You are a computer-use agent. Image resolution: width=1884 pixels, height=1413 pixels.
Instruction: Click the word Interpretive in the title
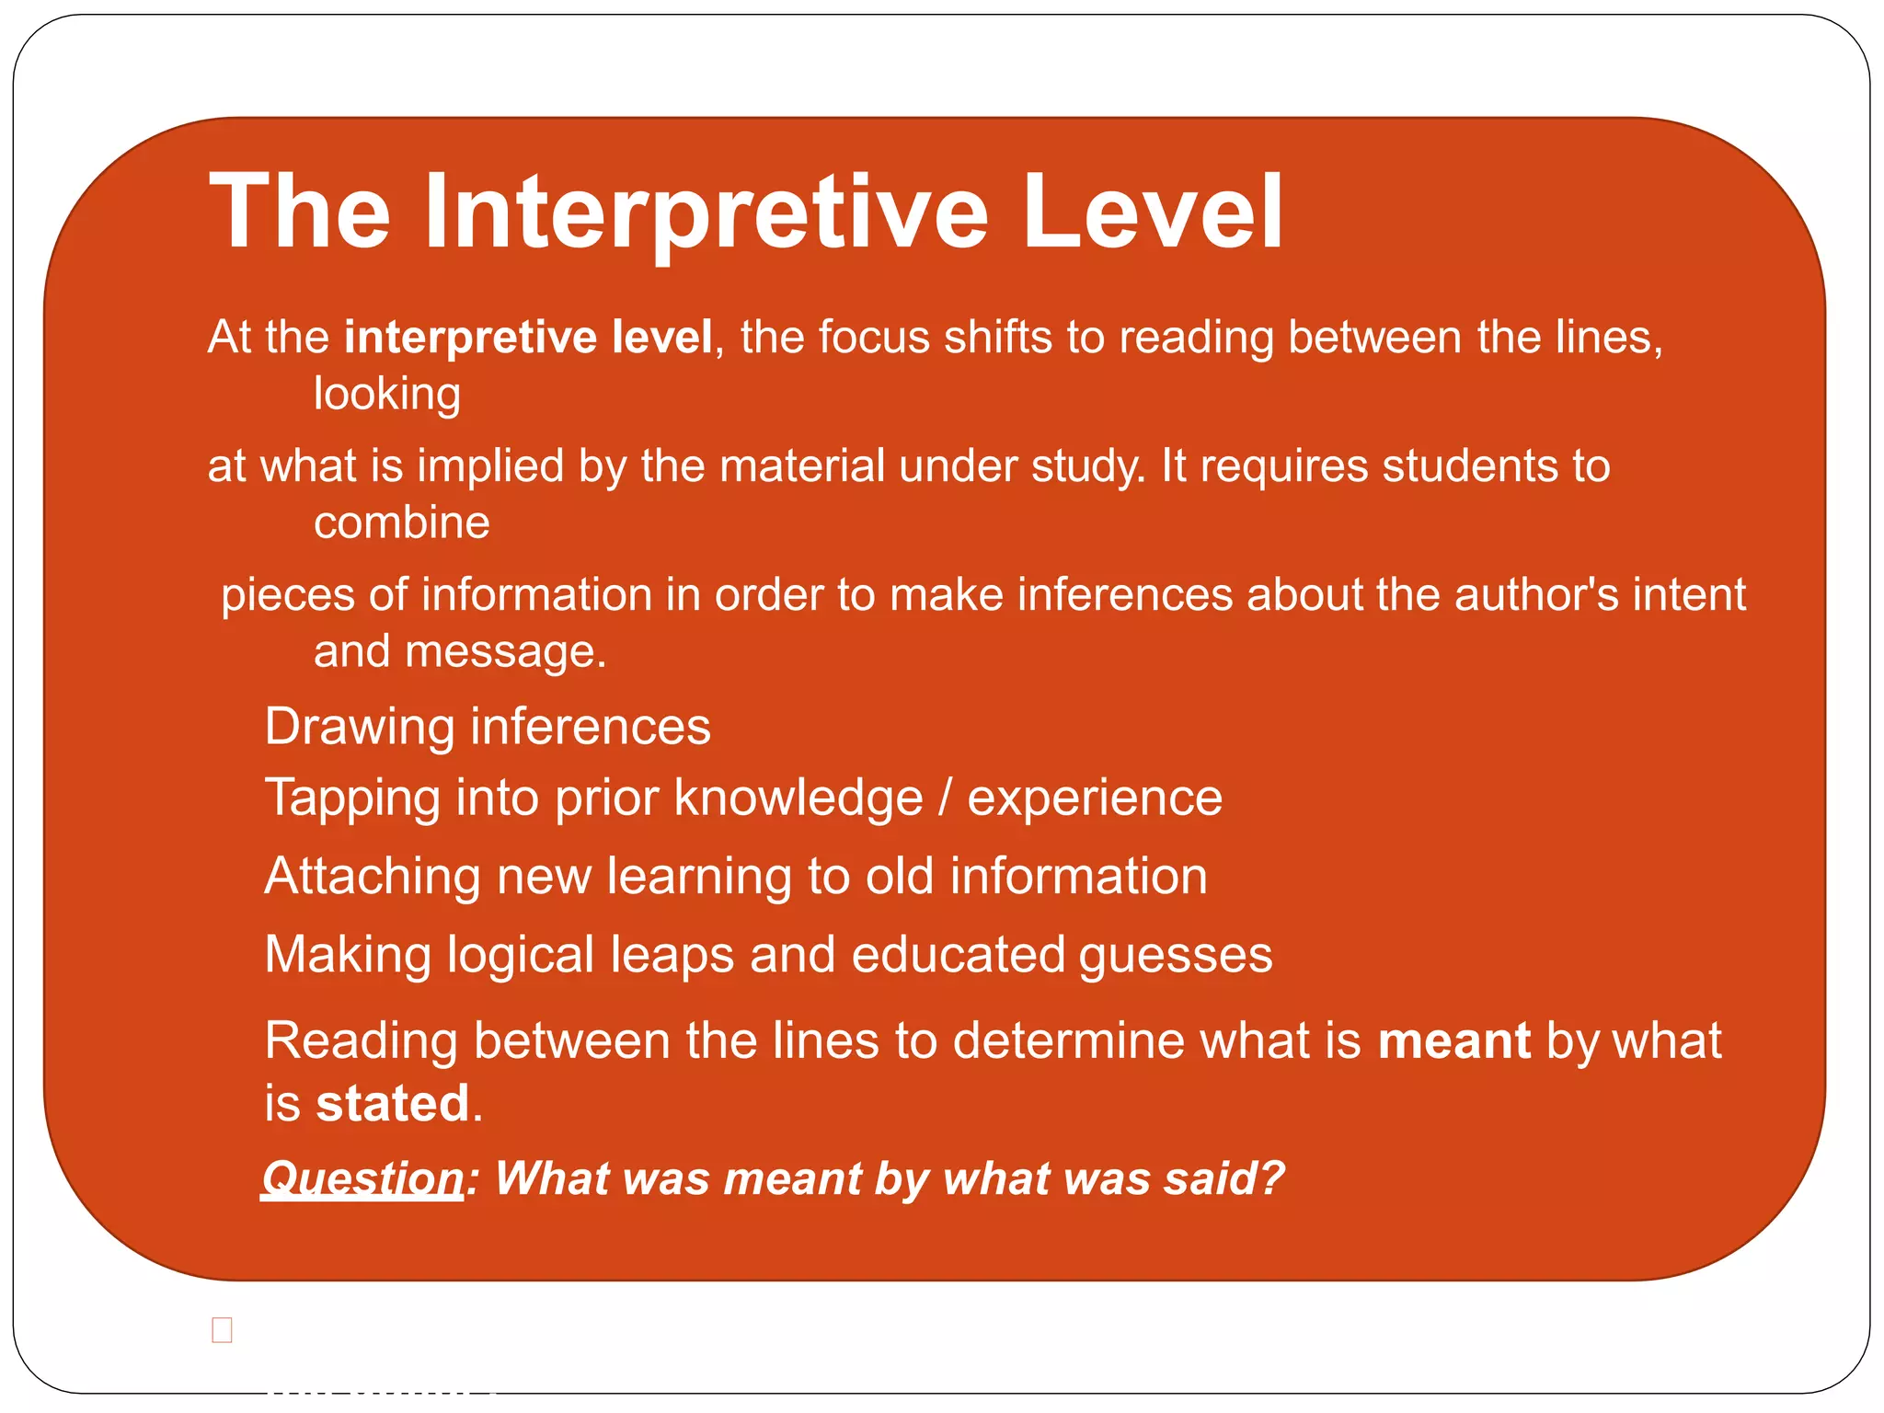pos(706,213)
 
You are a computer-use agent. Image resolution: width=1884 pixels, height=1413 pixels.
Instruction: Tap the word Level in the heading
pos(1152,213)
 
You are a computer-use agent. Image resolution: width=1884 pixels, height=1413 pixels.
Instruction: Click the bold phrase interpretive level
pos(528,337)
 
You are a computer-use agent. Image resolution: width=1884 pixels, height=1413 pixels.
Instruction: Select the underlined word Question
pos(362,1178)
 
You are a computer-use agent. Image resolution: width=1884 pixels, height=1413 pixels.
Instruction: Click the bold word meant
pos(1453,1041)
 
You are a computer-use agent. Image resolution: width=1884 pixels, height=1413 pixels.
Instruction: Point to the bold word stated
pos(393,1104)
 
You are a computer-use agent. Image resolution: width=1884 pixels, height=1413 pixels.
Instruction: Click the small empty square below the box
pos(222,1329)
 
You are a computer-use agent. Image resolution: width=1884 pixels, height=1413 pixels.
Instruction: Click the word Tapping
pos(352,798)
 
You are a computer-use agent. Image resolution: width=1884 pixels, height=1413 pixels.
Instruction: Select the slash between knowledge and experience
pos(945,798)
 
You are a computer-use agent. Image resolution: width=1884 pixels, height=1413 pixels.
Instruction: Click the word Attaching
pos(373,876)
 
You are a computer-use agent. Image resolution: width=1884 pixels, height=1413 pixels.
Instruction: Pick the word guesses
pos(1176,956)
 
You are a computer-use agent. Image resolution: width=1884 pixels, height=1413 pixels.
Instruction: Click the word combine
pos(401,523)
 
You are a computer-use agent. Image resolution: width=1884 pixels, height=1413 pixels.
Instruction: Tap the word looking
pos(386,395)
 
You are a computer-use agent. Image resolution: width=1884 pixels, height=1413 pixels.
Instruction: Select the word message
pos(505,652)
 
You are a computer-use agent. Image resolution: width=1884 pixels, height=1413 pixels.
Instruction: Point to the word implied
pos(489,466)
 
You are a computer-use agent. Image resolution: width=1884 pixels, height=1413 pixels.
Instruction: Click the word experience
pos(1095,798)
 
